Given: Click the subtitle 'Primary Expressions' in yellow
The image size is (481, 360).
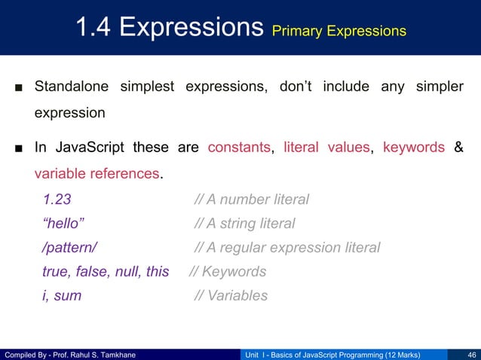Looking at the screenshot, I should tap(339, 31).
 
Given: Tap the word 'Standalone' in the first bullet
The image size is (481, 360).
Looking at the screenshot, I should tap(72, 86).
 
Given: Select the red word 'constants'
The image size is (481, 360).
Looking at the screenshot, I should tap(239, 147).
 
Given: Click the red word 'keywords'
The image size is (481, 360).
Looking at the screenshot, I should tap(414, 147).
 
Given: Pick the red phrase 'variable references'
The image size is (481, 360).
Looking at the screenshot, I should tap(97, 174).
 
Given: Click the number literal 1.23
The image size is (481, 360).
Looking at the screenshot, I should tap(57, 200).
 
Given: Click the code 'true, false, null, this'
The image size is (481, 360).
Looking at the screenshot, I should tap(106, 272).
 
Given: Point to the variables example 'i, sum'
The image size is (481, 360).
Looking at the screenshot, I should tap(62, 296).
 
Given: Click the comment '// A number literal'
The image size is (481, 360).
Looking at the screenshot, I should tap(251, 200).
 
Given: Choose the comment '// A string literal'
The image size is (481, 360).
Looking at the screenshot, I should tap(244, 224).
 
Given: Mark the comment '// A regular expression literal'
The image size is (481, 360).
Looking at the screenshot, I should tap(286, 248).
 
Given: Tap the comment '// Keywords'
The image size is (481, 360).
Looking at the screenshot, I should tap(227, 272).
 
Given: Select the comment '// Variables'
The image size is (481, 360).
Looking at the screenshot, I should tap(231, 296).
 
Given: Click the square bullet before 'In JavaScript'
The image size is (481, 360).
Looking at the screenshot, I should tap(17, 148).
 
